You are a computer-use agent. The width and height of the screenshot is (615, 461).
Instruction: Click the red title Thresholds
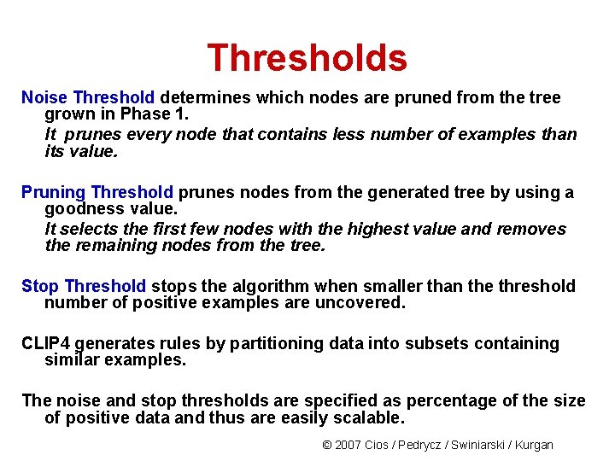[307, 58]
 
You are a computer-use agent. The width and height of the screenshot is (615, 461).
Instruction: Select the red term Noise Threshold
[88, 97]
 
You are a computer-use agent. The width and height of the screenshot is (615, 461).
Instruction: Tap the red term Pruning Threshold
[97, 193]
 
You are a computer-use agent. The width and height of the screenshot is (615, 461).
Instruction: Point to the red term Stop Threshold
[84, 286]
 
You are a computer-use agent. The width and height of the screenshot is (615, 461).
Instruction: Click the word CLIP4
[46, 343]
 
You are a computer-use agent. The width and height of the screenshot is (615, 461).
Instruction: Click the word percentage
[451, 401]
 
